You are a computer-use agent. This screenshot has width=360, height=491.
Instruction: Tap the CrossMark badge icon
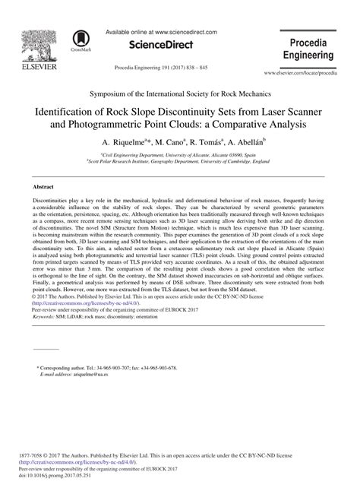[79, 40]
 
